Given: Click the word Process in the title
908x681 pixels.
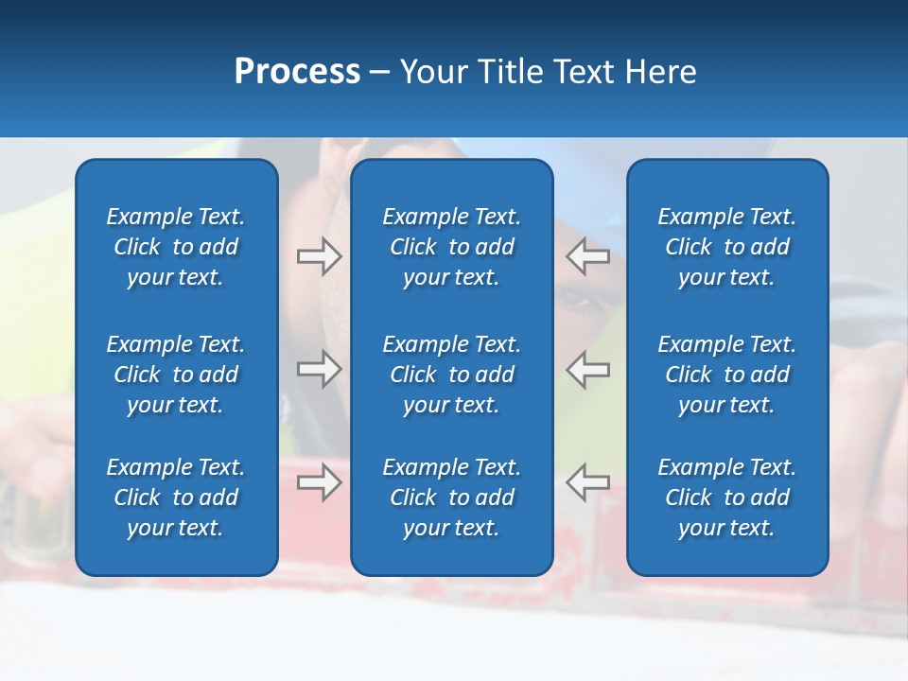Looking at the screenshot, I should pyautogui.click(x=297, y=72).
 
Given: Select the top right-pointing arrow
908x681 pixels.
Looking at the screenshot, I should pyautogui.click(x=320, y=256).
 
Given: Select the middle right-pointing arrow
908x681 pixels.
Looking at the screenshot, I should pyautogui.click(x=320, y=369).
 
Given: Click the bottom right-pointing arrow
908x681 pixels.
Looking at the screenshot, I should pyautogui.click(x=320, y=482).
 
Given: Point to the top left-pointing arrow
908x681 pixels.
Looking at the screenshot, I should pyautogui.click(x=587, y=256).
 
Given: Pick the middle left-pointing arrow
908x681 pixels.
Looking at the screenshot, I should pyautogui.click(x=587, y=369).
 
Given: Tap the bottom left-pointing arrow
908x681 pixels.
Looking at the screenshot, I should pyautogui.click(x=587, y=482).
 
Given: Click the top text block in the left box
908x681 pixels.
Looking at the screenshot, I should pyautogui.click(x=176, y=247).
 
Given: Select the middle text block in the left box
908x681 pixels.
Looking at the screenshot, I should pyautogui.click(x=176, y=375).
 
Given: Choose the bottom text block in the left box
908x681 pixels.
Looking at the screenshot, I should pyautogui.click(x=176, y=498).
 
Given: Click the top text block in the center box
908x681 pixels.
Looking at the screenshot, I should pyautogui.click(x=451, y=247).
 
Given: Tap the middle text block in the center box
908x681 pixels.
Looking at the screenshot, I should pyautogui.click(x=451, y=375).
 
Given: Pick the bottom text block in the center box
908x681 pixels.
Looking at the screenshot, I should pyautogui.click(x=451, y=498).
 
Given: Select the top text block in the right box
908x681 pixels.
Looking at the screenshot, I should pyautogui.click(x=726, y=247).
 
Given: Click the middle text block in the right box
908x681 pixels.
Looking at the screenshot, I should pyautogui.click(x=726, y=375).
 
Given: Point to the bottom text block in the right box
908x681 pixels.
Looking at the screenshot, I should pyautogui.click(x=726, y=498).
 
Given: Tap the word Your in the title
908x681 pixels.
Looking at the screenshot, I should pyautogui.click(x=432, y=72).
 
